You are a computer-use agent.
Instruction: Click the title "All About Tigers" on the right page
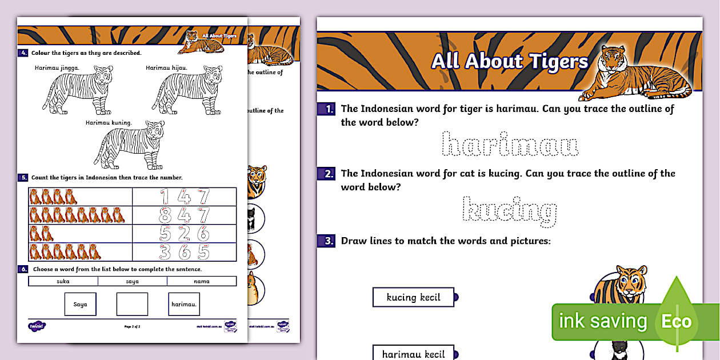click(x=509, y=61)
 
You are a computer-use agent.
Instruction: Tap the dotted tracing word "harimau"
click(x=511, y=145)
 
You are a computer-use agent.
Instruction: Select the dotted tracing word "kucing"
click(x=509, y=211)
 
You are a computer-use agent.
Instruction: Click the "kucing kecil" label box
click(x=413, y=297)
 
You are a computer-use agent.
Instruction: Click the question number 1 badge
click(x=328, y=109)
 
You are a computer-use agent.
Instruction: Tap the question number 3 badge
click(x=328, y=241)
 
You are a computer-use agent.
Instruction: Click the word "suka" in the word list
click(x=63, y=281)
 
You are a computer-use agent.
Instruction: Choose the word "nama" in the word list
click(x=202, y=281)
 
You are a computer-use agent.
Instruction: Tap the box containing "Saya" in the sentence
click(x=80, y=304)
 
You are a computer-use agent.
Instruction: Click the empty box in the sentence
click(x=132, y=304)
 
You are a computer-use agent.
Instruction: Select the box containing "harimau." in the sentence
click(x=184, y=304)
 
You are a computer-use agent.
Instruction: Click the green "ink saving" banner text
click(x=603, y=321)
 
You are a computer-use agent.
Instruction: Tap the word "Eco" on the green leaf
click(x=676, y=321)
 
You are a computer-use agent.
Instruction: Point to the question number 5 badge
click(x=23, y=178)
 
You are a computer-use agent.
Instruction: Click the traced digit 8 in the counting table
click(x=166, y=215)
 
